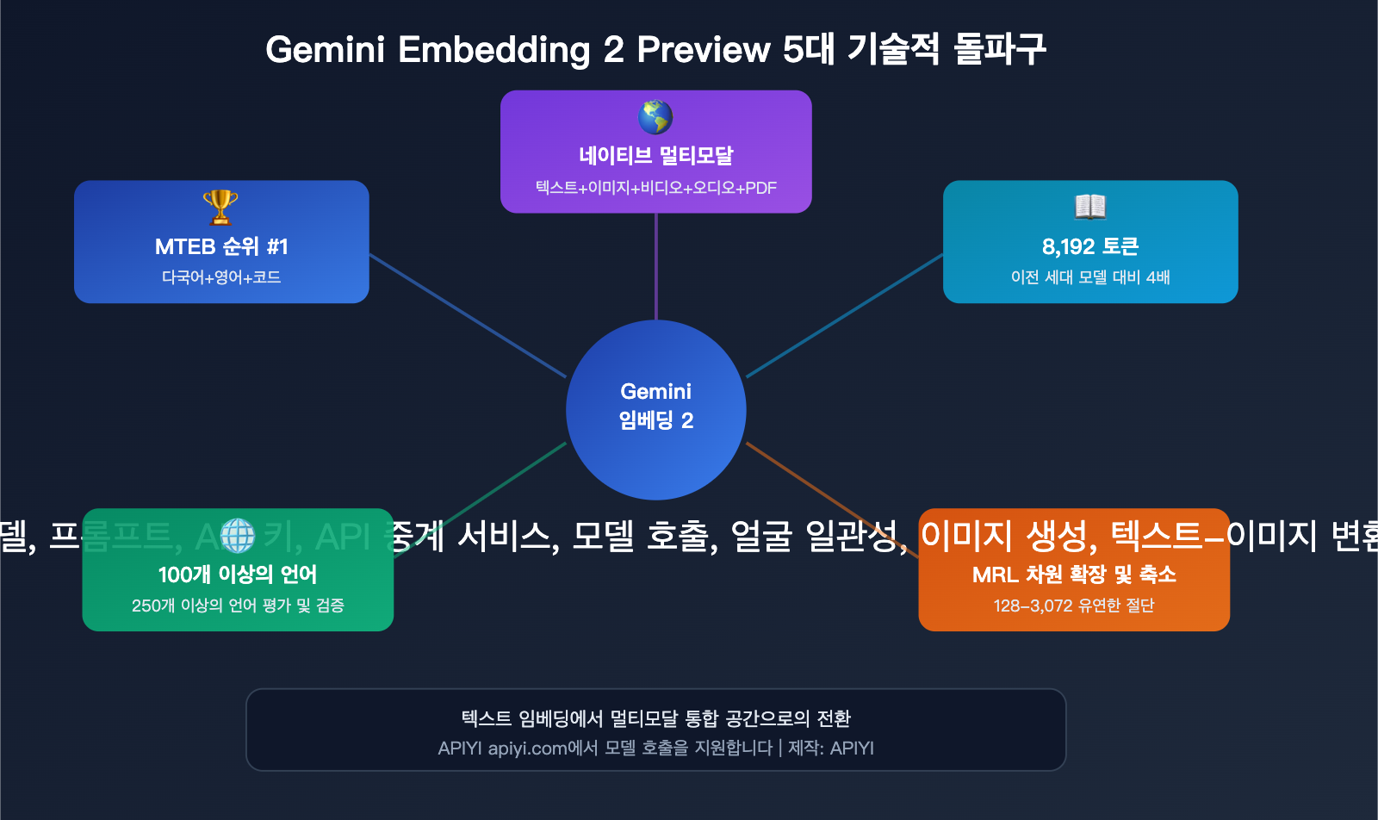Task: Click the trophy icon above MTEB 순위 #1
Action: pyautogui.click(x=220, y=207)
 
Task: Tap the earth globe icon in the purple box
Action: pyautogui.click(x=655, y=117)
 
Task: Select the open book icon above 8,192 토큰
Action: pyautogui.click(x=1090, y=207)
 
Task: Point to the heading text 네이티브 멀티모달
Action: pyautogui.click(x=656, y=156)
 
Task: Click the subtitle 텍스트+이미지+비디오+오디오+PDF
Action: pyautogui.click(x=656, y=188)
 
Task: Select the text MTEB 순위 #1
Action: pyautogui.click(x=221, y=246)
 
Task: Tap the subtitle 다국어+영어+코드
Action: pyautogui.click(x=221, y=277)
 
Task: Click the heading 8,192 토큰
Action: pyautogui.click(x=1090, y=246)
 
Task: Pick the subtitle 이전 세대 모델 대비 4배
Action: pyautogui.click(x=1090, y=277)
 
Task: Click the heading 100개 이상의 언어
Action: pyautogui.click(x=238, y=575)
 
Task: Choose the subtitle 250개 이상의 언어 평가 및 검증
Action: pyautogui.click(x=238, y=606)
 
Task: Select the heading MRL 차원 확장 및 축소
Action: pyautogui.click(x=1074, y=575)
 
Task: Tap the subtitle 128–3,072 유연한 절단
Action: pyautogui.click(x=1074, y=606)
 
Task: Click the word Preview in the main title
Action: pyautogui.click(x=703, y=50)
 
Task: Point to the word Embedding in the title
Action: pyautogui.click(x=493, y=50)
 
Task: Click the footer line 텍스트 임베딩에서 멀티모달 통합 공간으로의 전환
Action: pyautogui.click(x=656, y=718)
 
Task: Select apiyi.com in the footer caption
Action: pyautogui.click(x=527, y=749)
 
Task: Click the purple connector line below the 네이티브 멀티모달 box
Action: pyautogui.click(x=656, y=267)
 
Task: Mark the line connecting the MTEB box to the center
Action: pyautogui.click(x=468, y=315)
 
